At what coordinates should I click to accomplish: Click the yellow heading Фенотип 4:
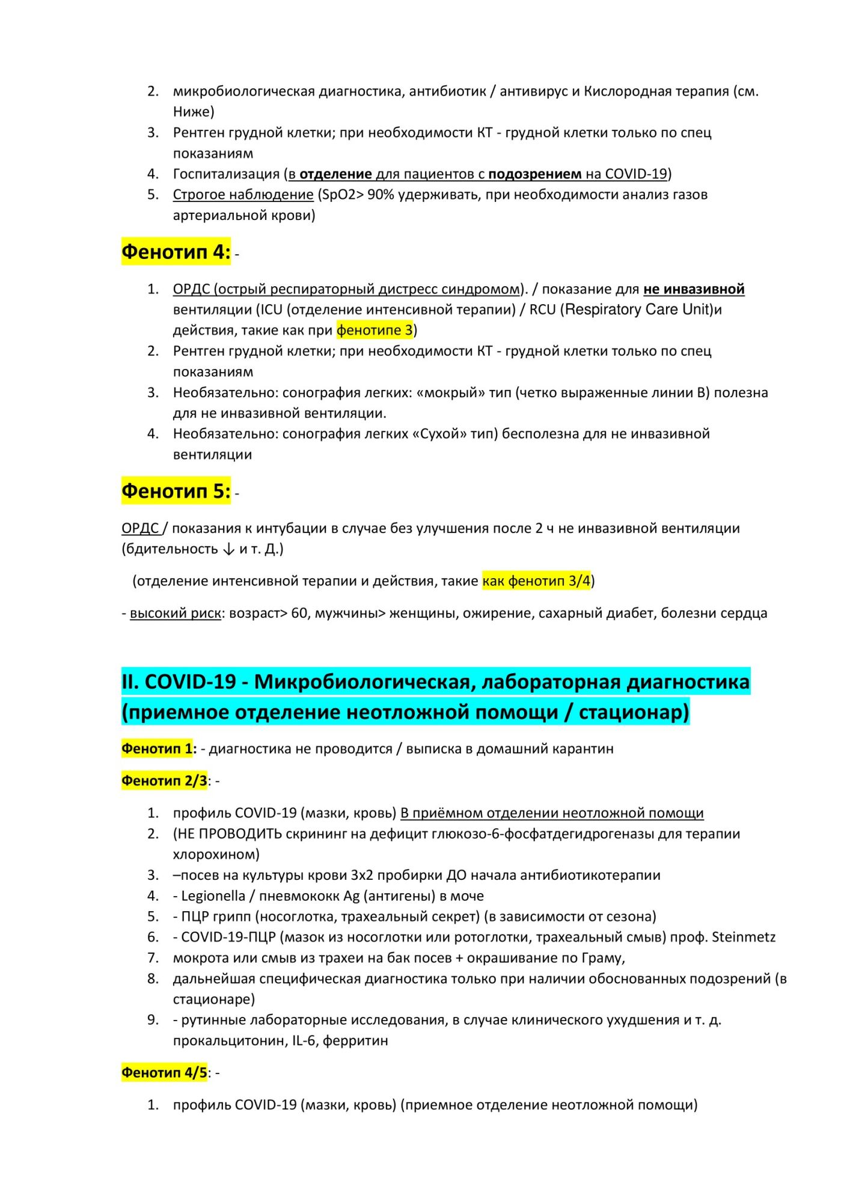point(176,252)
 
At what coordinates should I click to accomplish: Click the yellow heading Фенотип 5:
point(176,491)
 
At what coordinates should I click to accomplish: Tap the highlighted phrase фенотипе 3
point(375,330)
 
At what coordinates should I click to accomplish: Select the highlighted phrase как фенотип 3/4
point(536,581)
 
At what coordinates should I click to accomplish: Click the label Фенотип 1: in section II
point(159,748)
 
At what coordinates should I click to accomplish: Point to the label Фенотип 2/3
point(164,780)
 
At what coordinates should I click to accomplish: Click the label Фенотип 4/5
point(164,1072)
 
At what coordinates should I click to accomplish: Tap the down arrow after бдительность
point(228,549)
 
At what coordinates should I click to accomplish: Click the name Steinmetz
point(744,936)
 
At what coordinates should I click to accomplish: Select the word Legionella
point(213,895)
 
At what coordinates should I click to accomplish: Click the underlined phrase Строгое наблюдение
point(243,194)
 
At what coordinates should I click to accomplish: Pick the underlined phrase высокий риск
point(176,613)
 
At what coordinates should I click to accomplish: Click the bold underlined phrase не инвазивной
point(694,289)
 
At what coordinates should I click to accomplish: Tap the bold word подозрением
point(534,174)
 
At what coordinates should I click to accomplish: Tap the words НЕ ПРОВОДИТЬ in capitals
point(230,834)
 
